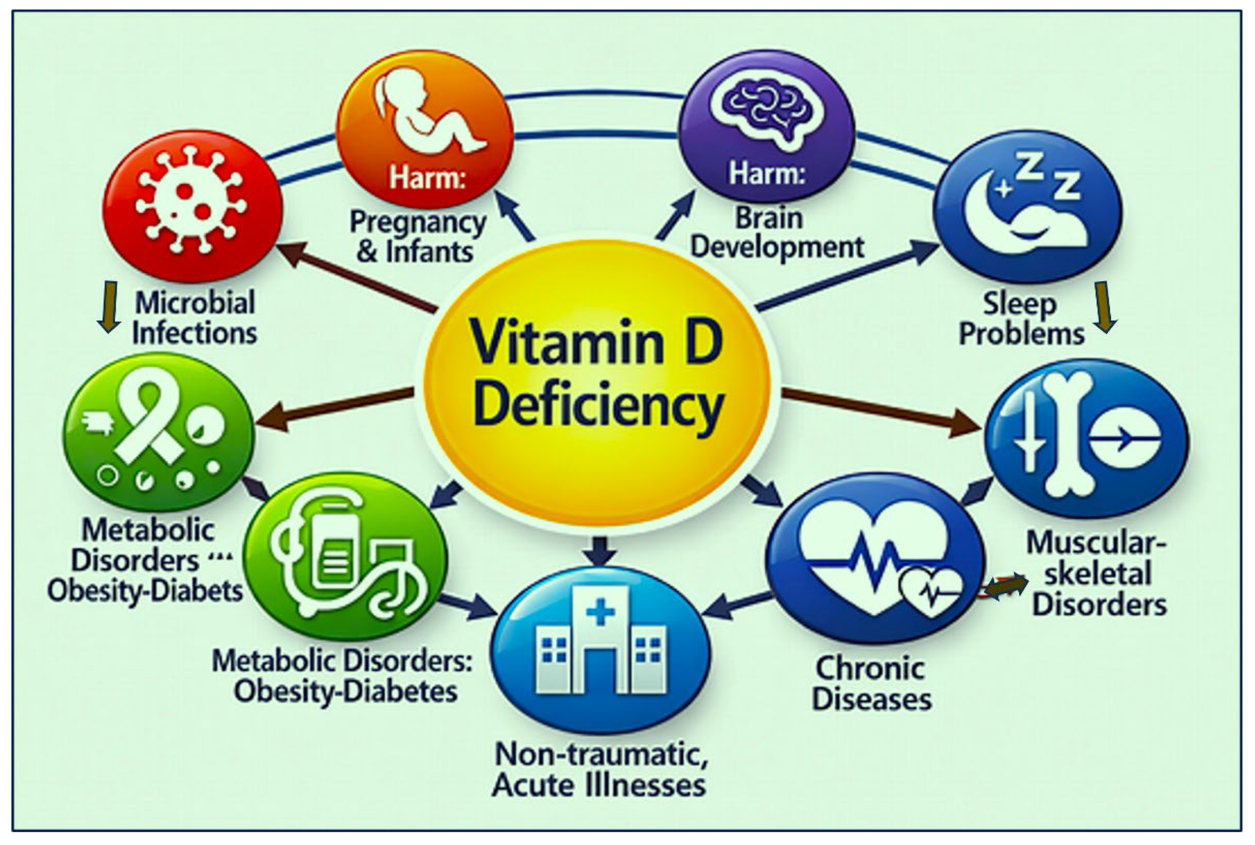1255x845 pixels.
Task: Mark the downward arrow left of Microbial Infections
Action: (109, 306)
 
